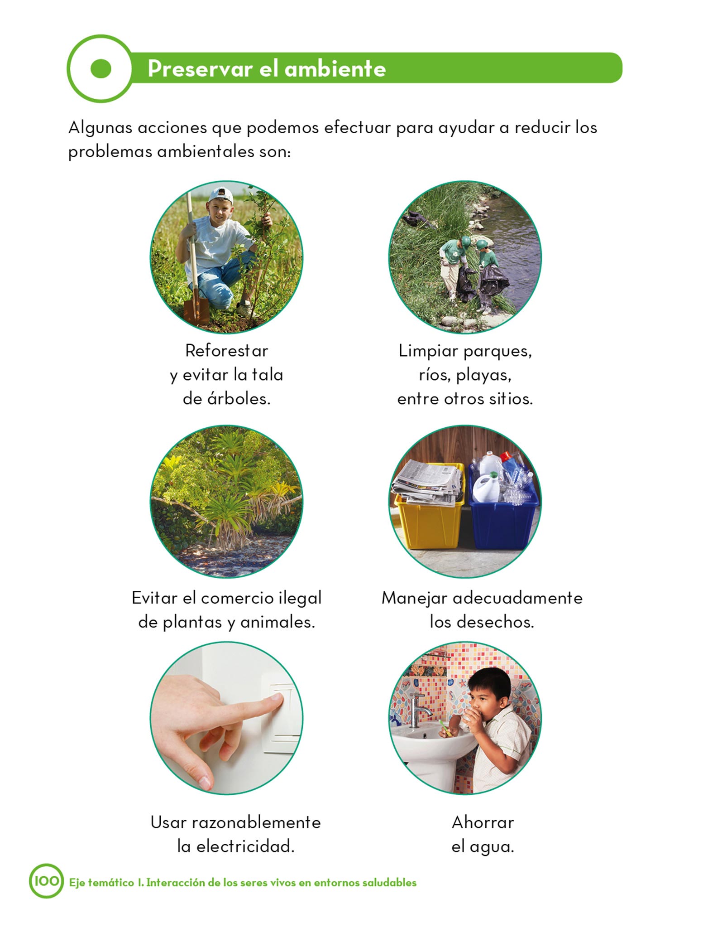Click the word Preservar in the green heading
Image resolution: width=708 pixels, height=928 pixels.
[x=200, y=69]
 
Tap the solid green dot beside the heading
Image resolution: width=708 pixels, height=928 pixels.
[x=100, y=68]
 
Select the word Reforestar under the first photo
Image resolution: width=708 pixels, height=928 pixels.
[x=226, y=350]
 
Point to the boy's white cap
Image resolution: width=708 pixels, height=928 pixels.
[x=221, y=195]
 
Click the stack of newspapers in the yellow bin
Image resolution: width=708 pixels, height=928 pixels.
[x=428, y=483]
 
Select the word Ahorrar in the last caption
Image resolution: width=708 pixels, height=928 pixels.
[x=483, y=822]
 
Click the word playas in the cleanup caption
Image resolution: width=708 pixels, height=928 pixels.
[x=483, y=376]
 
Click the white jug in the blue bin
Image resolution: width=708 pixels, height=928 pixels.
[x=485, y=487]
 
